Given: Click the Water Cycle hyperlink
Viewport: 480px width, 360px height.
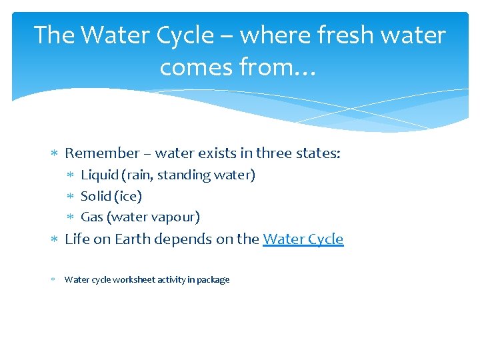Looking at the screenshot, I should pyautogui.click(x=303, y=239).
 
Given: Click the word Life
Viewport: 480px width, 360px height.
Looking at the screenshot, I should pyautogui.click(x=77, y=239).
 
